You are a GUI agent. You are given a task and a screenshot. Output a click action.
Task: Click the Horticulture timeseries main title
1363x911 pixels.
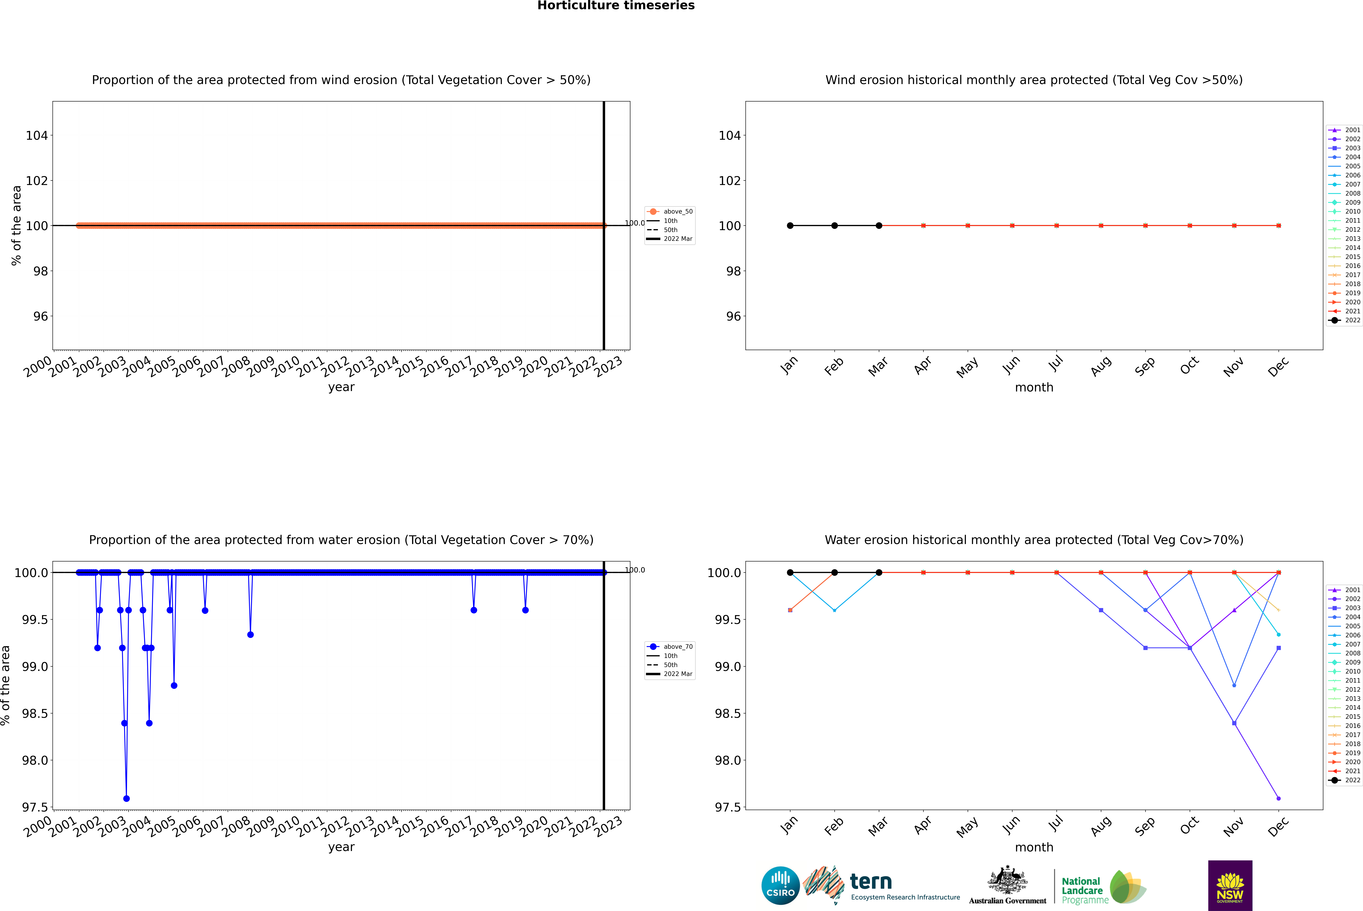(x=616, y=6)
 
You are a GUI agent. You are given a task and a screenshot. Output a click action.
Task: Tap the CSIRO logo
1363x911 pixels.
(x=780, y=885)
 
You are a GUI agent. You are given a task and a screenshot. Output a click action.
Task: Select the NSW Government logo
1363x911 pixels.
(x=1230, y=885)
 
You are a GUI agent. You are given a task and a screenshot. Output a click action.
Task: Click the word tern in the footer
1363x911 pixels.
(x=870, y=881)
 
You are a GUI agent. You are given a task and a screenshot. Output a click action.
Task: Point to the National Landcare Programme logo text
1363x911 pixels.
(x=1082, y=890)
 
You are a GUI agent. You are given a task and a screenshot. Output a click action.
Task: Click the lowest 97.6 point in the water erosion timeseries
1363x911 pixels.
(x=127, y=798)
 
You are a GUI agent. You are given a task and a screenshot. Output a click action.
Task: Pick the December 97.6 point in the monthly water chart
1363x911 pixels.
(x=1278, y=798)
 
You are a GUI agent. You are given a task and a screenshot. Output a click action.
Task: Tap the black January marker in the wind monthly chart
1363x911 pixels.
(x=790, y=225)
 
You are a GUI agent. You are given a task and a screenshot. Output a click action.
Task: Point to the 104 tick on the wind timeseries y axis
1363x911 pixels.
(x=37, y=135)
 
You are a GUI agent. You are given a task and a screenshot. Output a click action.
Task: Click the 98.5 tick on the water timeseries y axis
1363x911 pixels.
(x=35, y=713)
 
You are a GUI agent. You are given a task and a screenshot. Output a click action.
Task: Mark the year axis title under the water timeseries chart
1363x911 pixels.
(x=341, y=847)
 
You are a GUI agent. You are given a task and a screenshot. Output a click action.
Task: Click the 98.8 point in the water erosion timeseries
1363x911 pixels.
(x=174, y=686)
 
